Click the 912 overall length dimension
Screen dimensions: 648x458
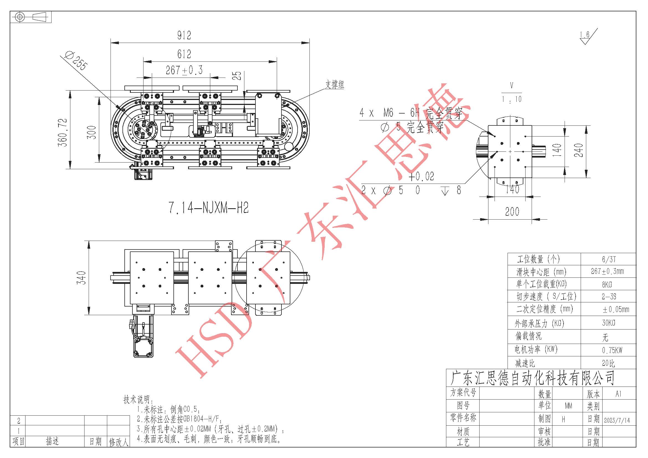pos(184,35)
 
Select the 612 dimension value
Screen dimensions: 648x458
pos(184,54)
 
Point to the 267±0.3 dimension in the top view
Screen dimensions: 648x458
pos(184,70)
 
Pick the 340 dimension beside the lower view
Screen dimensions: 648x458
pos(81,277)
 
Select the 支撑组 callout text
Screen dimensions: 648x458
pos(335,84)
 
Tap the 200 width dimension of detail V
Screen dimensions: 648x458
pos(512,211)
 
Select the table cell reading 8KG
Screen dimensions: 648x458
pos(607,285)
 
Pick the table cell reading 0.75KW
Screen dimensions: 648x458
pos(612,350)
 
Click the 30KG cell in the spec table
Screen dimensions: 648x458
pos(608,323)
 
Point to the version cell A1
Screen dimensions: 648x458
pos(618,394)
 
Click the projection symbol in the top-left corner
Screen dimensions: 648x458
pos(31,17)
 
